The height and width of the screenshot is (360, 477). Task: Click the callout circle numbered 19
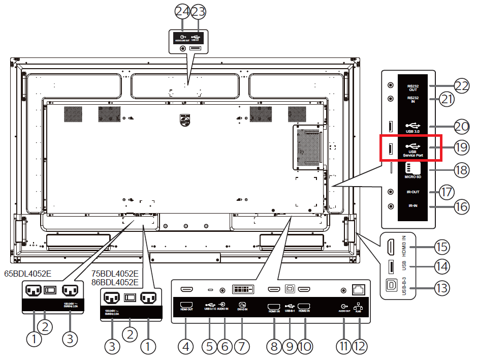coord(460,148)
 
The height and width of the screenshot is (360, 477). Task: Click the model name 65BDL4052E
coord(27,273)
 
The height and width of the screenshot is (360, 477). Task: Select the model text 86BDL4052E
coord(115,282)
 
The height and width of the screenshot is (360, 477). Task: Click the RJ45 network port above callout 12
coord(359,289)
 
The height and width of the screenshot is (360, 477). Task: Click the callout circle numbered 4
coord(186,347)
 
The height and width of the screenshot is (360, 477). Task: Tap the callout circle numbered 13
coord(442,288)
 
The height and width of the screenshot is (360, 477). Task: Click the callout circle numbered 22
coord(460,86)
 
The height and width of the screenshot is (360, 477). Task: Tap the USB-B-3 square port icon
coord(392,285)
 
